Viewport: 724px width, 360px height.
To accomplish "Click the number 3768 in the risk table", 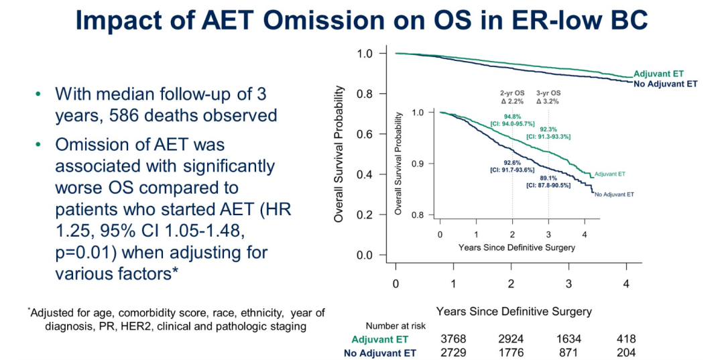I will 453,339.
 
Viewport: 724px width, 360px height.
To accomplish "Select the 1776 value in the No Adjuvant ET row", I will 511,353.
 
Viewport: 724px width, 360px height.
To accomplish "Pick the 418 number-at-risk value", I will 625,339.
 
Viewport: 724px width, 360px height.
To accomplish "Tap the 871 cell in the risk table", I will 568,353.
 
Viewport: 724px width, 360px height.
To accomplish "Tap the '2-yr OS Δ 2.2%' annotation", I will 511,97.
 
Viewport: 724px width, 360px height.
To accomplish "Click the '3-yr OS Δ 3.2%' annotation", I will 548,97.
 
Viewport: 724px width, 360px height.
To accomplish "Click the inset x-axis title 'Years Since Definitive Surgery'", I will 516,247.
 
